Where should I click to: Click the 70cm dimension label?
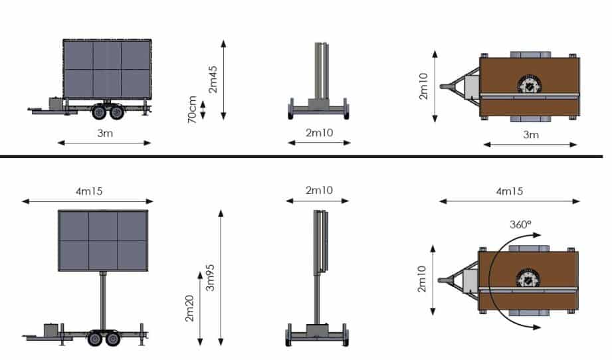pyautogui.click(x=192, y=110)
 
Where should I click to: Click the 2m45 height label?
pyautogui.click(x=213, y=80)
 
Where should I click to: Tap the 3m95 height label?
pyautogui.click(x=210, y=278)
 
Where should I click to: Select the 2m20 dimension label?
pyautogui.click(x=189, y=308)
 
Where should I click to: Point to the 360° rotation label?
pyautogui.click(x=520, y=225)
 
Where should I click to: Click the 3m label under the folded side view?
pyautogui.click(x=105, y=134)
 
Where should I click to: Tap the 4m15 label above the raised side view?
pyautogui.click(x=89, y=191)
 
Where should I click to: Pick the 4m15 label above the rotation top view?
pyautogui.click(x=510, y=191)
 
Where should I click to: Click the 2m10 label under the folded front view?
pyautogui.click(x=319, y=133)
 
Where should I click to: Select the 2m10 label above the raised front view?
pyautogui.click(x=319, y=191)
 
